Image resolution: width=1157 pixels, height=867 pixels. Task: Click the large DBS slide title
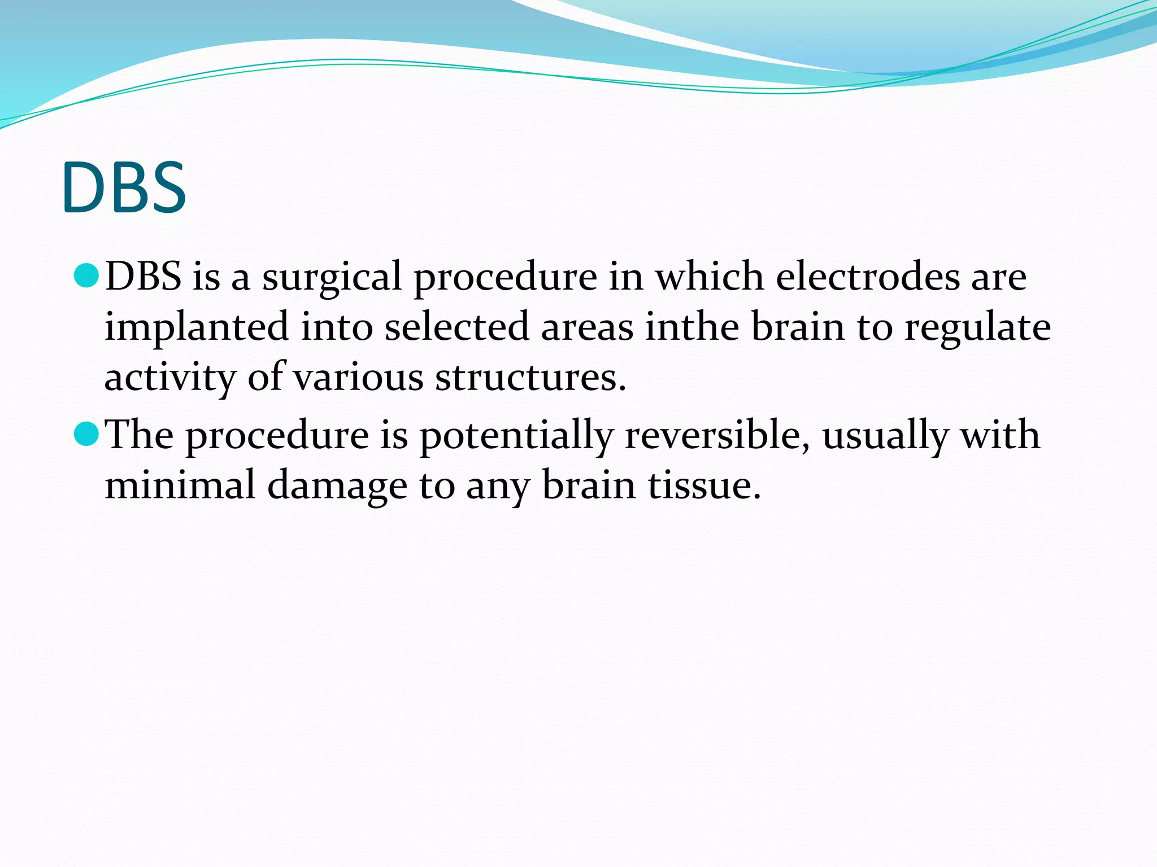click(124, 187)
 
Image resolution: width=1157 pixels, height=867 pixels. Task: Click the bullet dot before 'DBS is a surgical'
click(86, 275)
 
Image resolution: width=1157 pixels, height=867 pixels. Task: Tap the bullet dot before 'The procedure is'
click(86, 434)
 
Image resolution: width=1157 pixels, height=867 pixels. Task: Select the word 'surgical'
click(332, 278)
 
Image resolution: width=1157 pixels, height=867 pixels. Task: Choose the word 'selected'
click(456, 327)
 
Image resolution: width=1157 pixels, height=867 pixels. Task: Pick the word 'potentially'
click(516, 436)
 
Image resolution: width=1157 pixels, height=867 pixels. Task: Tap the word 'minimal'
click(180, 485)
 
